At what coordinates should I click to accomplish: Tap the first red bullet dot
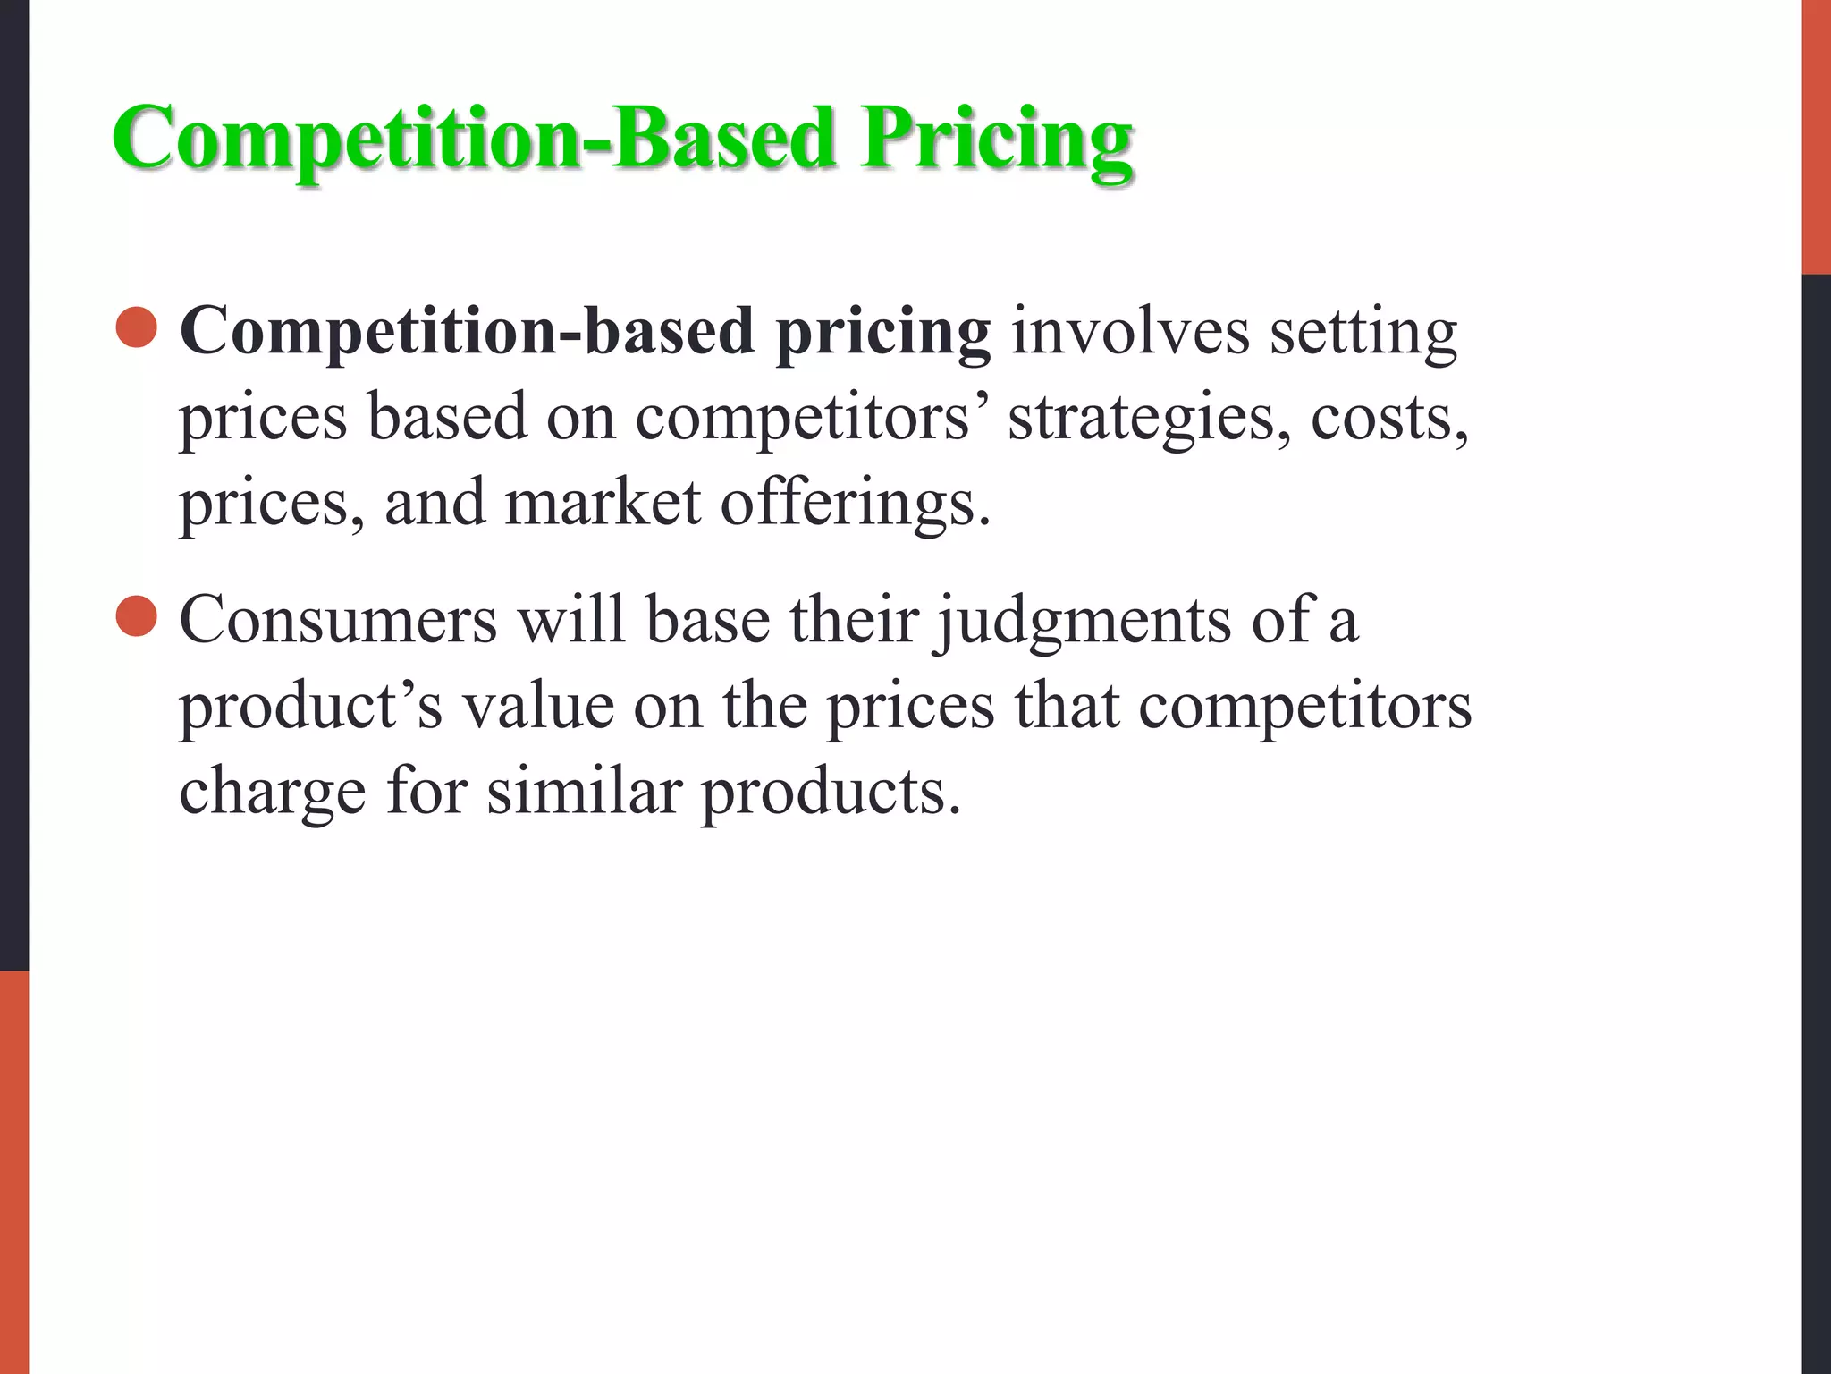coord(137,327)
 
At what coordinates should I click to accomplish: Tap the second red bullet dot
coord(137,616)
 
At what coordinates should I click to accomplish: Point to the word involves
coord(1130,331)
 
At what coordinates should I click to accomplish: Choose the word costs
coord(1389,419)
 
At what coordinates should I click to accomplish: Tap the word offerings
coord(856,505)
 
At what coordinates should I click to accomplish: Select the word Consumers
coord(338,619)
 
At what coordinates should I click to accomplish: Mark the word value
coord(538,706)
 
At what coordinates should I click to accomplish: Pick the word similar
coord(585,791)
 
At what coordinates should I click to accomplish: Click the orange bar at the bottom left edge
coord(14,1172)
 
